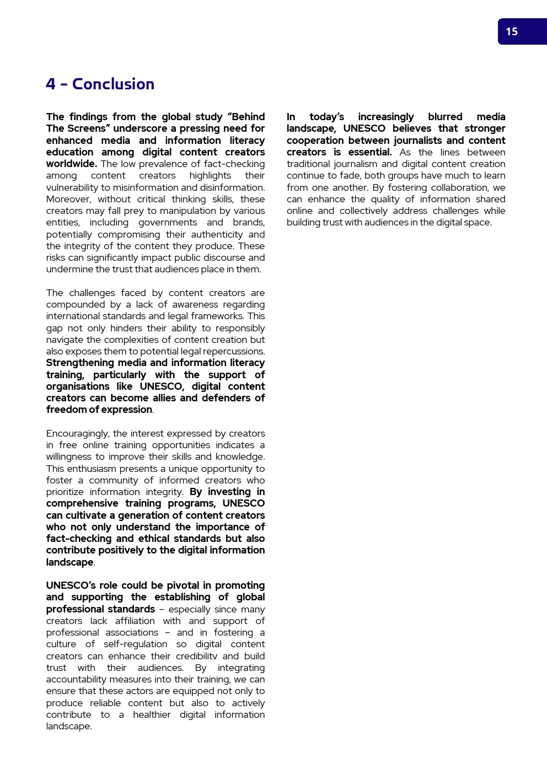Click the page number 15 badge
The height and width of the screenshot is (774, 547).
click(512, 32)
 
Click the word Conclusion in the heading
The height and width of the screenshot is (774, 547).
click(113, 84)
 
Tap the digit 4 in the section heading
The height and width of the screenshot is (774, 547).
click(51, 84)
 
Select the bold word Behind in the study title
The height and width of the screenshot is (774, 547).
click(248, 117)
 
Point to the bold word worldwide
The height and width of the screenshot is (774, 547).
click(71, 164)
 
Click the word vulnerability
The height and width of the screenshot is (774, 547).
click(72, 187)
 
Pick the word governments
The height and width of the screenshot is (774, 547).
click(168, 223)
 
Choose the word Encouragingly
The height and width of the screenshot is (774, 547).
click(78, 433)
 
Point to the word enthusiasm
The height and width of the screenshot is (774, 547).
click(92, 469)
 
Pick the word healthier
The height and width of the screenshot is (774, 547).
click(152, 714)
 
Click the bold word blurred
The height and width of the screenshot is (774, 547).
click(445, 117)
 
